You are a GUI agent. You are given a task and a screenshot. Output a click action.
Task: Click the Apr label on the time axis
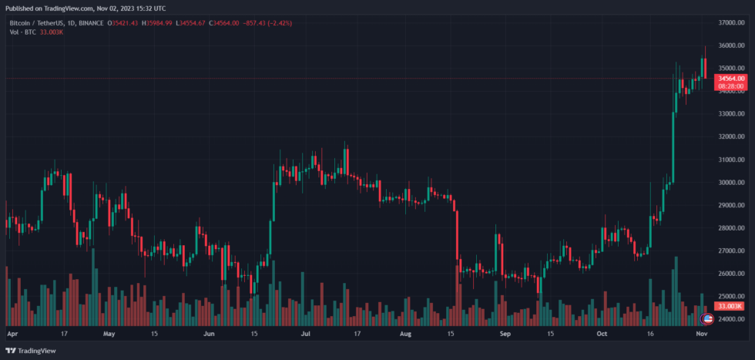pos(12,335)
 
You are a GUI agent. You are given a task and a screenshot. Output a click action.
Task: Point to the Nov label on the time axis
pos(701,335)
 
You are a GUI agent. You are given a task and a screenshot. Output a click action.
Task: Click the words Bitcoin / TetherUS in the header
pos(35,23)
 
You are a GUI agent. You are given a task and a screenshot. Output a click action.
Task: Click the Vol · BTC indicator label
pos(22,33)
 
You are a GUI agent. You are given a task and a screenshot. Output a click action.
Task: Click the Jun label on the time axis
pos(209,335)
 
